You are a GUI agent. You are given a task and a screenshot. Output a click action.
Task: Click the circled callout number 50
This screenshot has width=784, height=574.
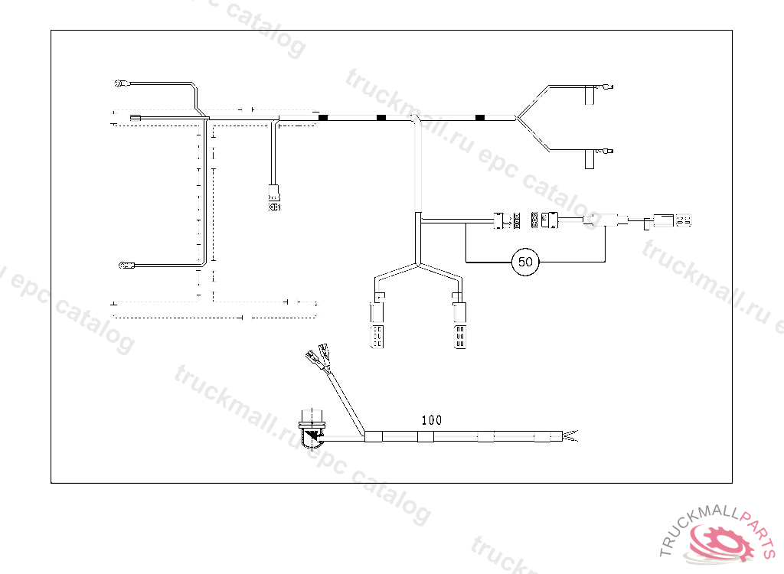(525, 262)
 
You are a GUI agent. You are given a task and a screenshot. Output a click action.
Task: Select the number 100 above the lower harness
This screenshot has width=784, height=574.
(432, 420)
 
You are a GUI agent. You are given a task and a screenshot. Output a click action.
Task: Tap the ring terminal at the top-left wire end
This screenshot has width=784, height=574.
(119, 83)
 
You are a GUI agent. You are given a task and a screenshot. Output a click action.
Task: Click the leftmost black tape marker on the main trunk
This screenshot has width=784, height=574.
(323, 117)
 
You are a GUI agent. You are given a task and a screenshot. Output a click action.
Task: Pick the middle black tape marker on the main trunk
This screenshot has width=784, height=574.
(381, 117)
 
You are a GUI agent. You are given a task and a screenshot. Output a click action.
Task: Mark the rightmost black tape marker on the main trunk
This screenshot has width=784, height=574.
(480, 117)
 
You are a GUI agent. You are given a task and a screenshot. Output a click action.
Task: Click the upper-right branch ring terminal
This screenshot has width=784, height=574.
(606, 87)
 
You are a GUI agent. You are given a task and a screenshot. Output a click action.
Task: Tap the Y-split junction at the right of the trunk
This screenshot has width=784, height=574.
(518, 118)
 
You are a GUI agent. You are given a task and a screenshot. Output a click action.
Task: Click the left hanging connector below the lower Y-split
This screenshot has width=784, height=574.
(377, 325)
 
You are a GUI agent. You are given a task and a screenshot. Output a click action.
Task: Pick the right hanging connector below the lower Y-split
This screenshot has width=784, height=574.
(459, 325)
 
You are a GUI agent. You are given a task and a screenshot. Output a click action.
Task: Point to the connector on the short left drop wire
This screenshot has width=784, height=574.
(274, 197)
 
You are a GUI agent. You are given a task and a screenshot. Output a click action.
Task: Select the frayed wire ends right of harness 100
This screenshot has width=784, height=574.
(573, 437)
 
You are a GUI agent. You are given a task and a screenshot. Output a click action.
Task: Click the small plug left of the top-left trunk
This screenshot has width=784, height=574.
(136, 117)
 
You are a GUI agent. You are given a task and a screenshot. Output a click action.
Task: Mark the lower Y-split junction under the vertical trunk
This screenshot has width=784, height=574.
(417, 265)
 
